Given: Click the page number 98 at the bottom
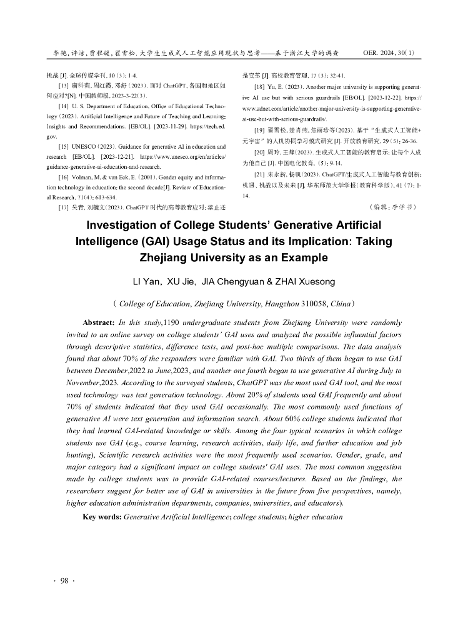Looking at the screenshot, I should pos(64,581).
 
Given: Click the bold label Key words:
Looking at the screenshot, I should pos(102,517).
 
